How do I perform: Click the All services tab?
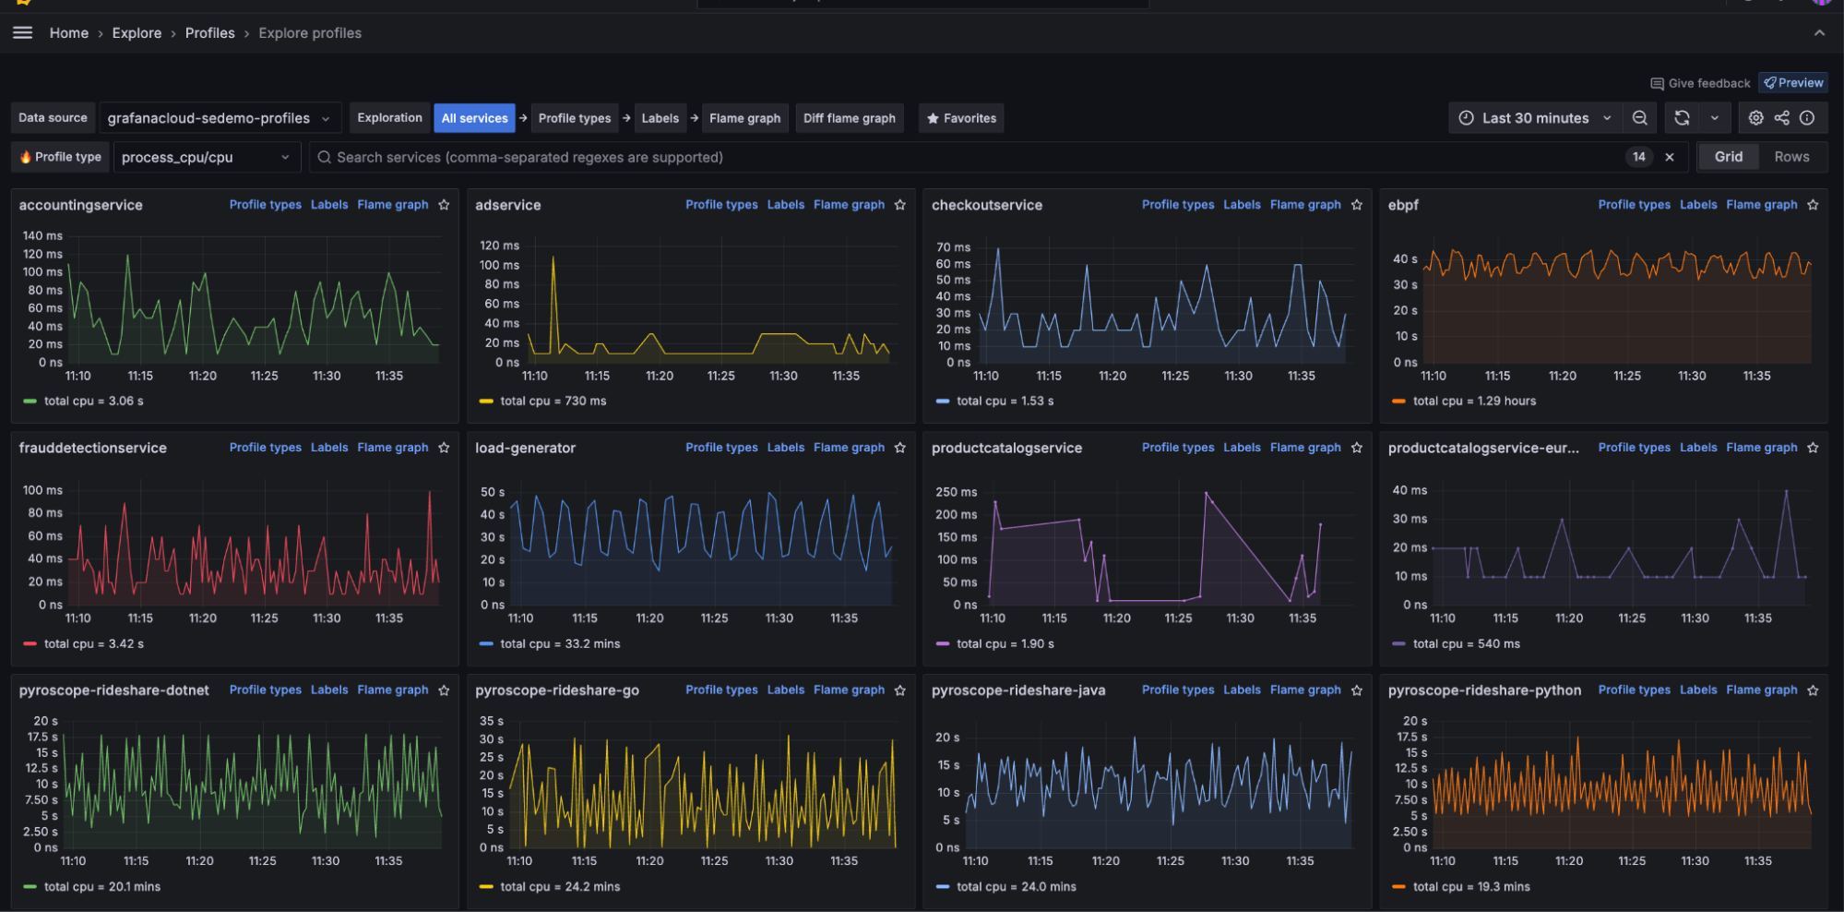coord(474,118)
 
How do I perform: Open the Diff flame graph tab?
coord(849,118)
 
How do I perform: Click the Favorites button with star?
coord(961,118)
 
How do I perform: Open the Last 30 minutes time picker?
coord(1535,118)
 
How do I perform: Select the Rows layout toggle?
coord(1790,157)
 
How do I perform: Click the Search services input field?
coord(969,157)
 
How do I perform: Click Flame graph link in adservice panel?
coord(849,205)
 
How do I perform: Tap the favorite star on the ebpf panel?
coord(1813,205)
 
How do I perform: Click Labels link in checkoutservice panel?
coord(1242,205)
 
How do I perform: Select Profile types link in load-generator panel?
coord(721,448)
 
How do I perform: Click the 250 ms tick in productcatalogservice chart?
coord(956,492)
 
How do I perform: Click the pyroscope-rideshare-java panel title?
coord(1017,690)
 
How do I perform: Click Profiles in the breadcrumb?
coord(209,33)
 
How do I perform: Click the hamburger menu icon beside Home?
coord(23,33)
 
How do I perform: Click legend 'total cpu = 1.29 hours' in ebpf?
coord(1473,402)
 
